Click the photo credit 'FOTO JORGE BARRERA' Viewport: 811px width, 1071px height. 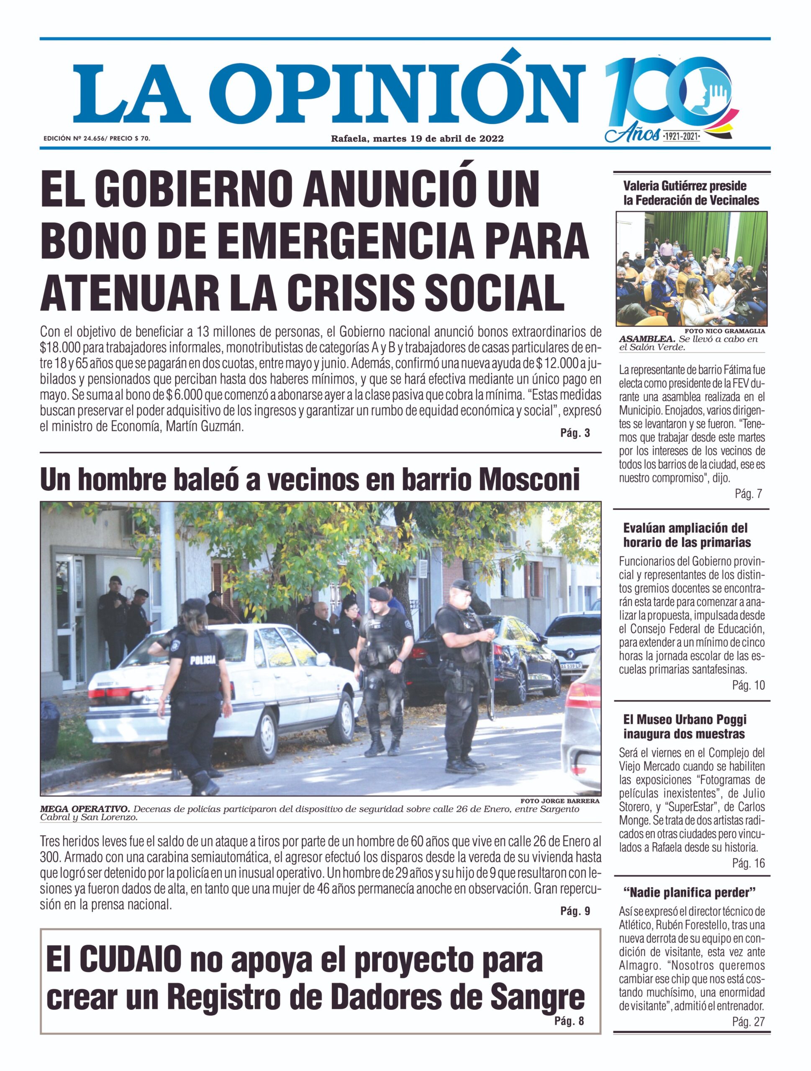(560, 801)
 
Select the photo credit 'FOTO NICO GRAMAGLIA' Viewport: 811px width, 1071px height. (724, 331)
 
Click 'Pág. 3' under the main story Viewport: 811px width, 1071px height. (575, 433)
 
